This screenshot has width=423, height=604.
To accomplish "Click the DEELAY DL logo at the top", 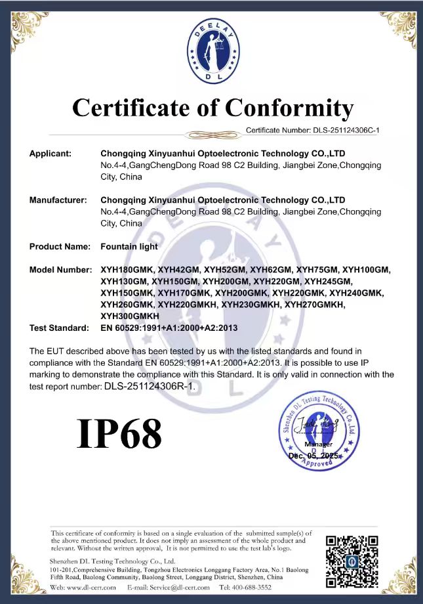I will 211,50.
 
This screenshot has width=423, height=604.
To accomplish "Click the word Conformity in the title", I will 289,107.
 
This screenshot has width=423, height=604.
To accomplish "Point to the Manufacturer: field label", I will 58,200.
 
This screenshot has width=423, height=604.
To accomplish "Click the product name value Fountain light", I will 129,246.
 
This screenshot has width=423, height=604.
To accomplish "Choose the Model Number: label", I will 60,270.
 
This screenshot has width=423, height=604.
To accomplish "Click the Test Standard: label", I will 58,328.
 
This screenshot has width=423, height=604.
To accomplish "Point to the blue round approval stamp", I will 319,431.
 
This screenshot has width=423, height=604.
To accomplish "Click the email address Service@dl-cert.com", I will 176,587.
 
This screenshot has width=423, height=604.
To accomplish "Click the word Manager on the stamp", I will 318,444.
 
